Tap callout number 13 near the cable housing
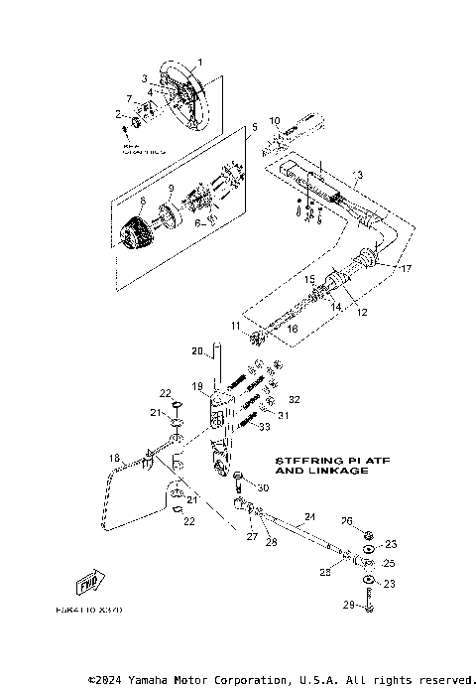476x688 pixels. pyautogui.click(x=357, y=175)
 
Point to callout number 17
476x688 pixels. pyautogui.click(x=405, y=268)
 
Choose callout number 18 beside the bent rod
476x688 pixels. pyautogui.click(x=114, y=458)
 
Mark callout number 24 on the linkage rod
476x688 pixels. pyautogui.click(x=308, y=517)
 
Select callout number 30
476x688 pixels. pyautogui.click(x=263, y=488)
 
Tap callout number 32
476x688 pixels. pyautogui.click(x=294, y=400)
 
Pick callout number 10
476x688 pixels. pyautogui.click(x=275, y=120)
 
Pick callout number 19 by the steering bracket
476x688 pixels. pyautogui.click(x=196, y=385)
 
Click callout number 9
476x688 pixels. pyautogui.click(x=170, y=188)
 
